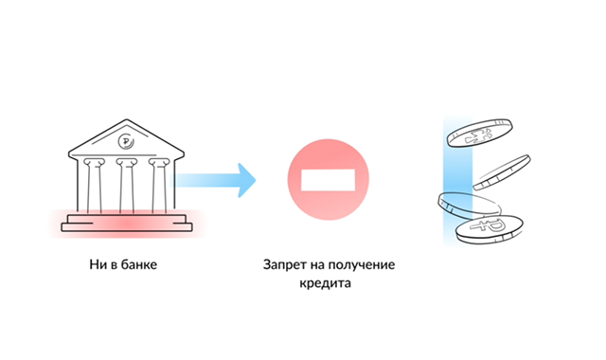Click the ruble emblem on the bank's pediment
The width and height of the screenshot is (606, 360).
(125, 142)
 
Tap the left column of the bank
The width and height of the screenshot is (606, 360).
(91, 189)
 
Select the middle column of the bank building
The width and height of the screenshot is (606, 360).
(125, 189)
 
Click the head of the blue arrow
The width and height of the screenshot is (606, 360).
(246, 177)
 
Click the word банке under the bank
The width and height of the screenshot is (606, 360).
(135, 265)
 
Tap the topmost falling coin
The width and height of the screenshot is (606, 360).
(481, 134)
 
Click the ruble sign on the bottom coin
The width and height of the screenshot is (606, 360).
(490, 226)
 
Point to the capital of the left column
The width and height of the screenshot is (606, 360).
(91, 163)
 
